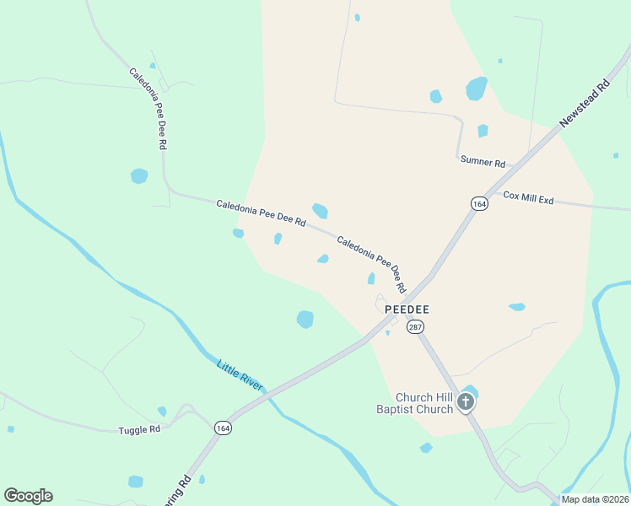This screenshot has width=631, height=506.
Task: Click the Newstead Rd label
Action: coord(585,105)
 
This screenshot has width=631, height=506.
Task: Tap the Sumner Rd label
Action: coord(483,162)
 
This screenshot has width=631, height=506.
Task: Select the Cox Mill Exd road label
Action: coord(528,198)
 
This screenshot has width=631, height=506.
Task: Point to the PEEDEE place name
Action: coord(407,310)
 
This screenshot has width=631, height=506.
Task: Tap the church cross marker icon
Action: coord(466,404)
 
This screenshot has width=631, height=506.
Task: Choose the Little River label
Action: coord(240,375)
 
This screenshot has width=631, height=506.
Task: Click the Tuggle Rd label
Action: coord(139,429)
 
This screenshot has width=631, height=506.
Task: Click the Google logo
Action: coord(28,496)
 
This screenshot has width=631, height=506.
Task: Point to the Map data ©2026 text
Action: coord(594,499)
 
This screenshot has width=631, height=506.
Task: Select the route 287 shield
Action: coord(414,326)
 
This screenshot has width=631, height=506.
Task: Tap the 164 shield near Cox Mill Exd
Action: coord(479,204)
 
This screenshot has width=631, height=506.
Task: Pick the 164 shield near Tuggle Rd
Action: coord(223,428)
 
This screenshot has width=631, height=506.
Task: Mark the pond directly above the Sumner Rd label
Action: coord(483,131)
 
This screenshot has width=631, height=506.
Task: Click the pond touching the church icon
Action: coord(471,391)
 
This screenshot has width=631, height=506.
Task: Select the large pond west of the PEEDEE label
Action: coord(305,319)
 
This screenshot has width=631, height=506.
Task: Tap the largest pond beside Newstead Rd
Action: coord(477,88)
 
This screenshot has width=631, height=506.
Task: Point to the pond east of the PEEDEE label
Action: coord(516,307)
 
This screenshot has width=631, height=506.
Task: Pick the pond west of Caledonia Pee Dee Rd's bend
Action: coord(139,176)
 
